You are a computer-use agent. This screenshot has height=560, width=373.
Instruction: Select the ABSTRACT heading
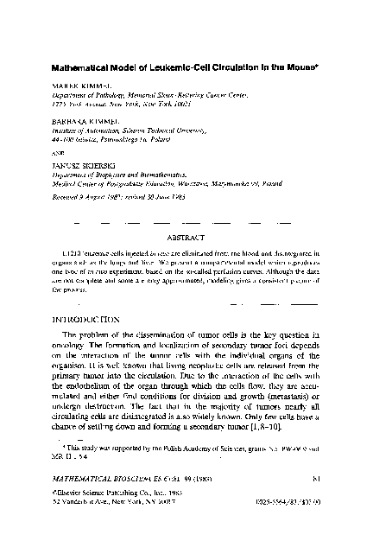pos(186,236)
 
